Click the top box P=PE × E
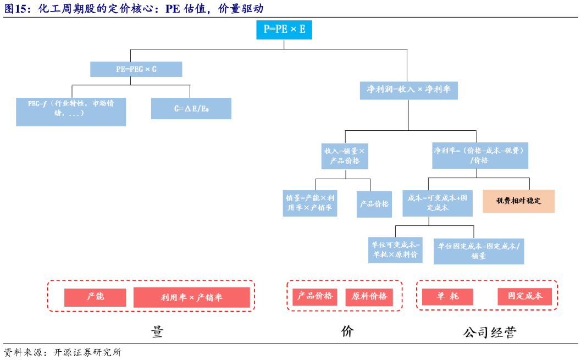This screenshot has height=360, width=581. (x=284, y=30)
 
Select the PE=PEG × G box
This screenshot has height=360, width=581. (x=136, y=69)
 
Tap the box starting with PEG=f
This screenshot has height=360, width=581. (x=71, y=111)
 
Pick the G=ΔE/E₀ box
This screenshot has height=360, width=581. (x=191, y=109)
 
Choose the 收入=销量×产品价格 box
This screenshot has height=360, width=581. (x=345, y=156)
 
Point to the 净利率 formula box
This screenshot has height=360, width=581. (x=480, y=155)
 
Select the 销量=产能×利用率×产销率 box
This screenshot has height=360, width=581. (x=310, y=203)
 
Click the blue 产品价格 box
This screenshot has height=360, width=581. (x=374, y=204)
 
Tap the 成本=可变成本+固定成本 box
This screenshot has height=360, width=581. (x=437, y=203)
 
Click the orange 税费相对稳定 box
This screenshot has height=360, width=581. (x=518, y=201)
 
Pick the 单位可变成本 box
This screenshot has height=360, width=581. (x=395, y=250)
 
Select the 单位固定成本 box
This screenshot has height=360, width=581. (x=478, y=251)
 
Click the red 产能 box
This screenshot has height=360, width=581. (x=95, y=297)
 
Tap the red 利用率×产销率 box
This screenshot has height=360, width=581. (x=191, y=297)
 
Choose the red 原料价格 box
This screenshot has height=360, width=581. (x=369, y=297)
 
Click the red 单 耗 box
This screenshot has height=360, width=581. (x=447, y=297)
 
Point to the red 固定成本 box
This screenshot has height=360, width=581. (x=525, y=296)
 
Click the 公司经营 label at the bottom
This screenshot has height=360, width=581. (x=489, y=333)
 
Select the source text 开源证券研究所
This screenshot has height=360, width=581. (x=87, y=353)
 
